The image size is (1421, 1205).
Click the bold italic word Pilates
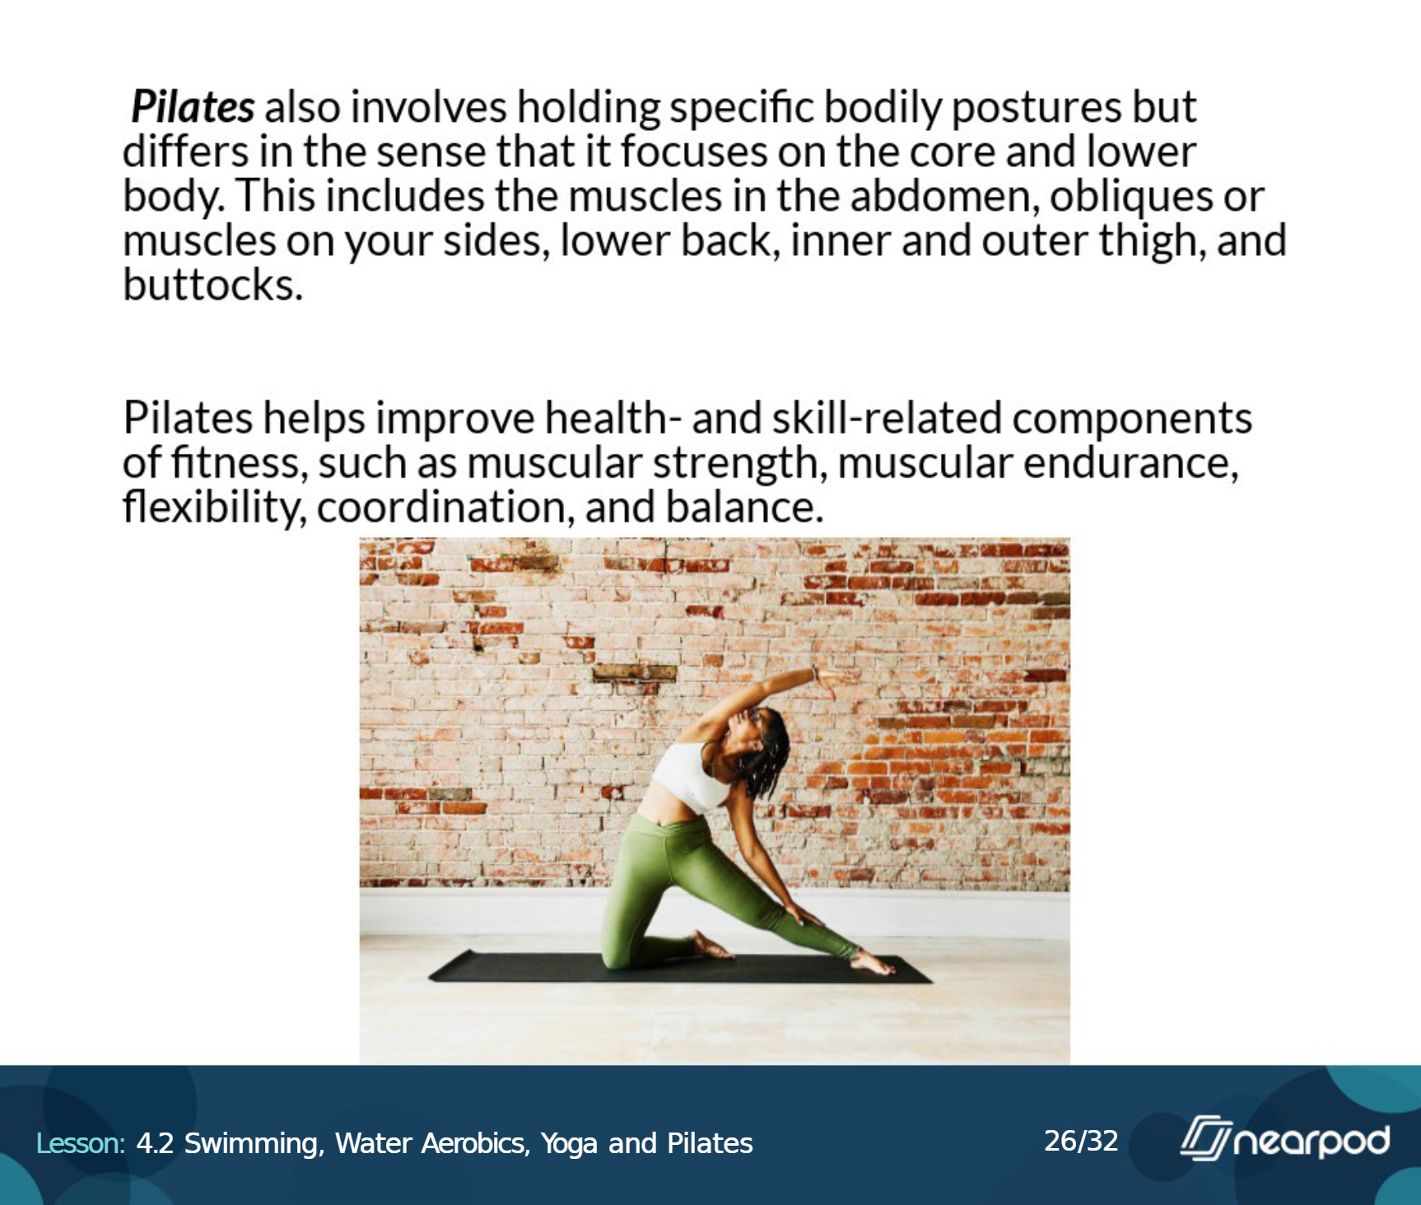[x=193, y=107]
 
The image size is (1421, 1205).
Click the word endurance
[x=1131, y=462]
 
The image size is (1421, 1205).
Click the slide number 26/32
[x=1081, y=1141]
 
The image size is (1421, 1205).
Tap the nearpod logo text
[x=1309, y=1141]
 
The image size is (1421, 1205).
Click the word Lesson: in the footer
[x=80, y=1143]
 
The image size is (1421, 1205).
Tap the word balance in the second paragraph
[x=744, y=507]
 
